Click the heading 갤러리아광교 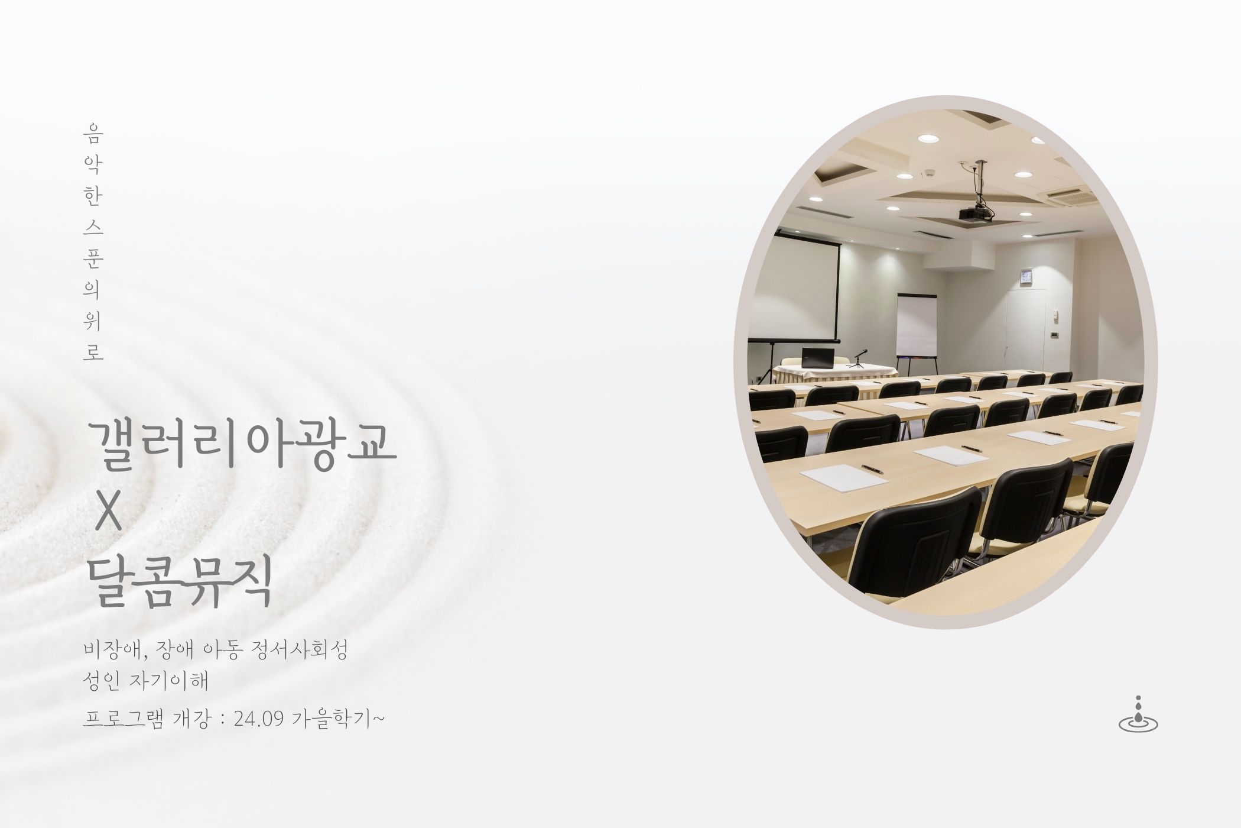click(241, 445)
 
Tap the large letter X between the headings click(108, 513)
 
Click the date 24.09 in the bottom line click(260, 719)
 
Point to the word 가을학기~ click(339, 719)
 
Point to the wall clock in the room click(1026, 276)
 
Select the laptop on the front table click(817, 358)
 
